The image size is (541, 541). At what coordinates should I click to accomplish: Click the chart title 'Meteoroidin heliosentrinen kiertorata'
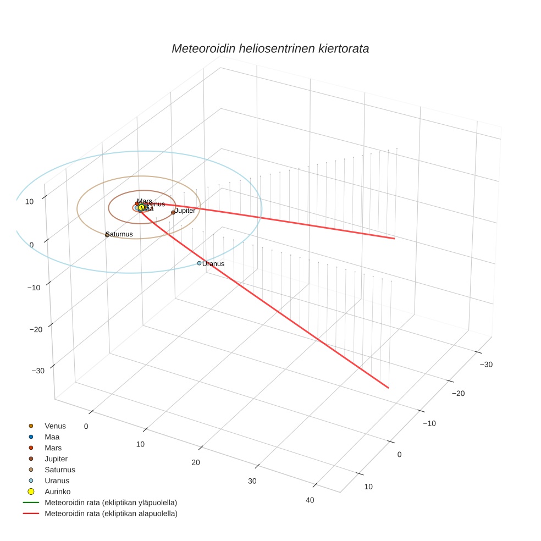[x=270, y=48]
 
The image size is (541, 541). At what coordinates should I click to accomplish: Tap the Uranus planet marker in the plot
[x=199, y=263]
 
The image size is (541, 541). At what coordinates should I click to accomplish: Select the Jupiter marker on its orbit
[x=173, y=212]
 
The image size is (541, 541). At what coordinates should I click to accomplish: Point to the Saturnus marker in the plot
[x=107, y=235]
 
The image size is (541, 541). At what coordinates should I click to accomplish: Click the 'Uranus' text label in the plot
[x=213, y=264]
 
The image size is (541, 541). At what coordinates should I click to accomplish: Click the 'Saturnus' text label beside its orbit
[x=119, y=234]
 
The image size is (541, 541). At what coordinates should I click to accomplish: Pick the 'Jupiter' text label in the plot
[x=185, y=211]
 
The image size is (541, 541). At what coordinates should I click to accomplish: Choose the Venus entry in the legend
[x=55, y=426]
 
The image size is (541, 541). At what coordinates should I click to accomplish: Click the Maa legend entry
[x=52, y=437]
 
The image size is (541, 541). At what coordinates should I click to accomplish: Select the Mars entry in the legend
[x=53, y=448]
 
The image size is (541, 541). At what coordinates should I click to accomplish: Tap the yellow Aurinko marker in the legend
[x=31, y=492]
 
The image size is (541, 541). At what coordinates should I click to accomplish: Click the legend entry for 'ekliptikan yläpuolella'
[x=111, y=503]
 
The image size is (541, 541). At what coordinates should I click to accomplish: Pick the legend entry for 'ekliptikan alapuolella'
[x=111, y=514]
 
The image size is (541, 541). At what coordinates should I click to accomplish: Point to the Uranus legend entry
[x=57, y=481]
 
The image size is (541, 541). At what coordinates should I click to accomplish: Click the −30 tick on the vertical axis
[x=38, y=371]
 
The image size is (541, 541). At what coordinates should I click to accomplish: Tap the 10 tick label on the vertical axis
[x=29, y=201]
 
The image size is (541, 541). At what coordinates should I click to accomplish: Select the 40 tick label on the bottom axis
[x=310, y=500]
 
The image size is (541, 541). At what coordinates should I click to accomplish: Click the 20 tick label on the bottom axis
[x=196, y=462]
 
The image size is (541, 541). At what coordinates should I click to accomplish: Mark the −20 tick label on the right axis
[x=458, y=393]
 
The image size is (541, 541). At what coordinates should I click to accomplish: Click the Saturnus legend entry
[x=59, y=470]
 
